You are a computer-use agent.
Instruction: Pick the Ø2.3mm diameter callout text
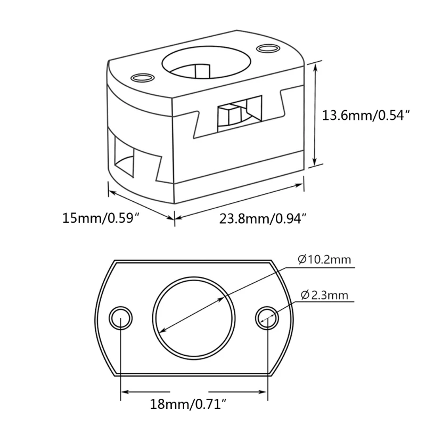pyautogui.click(x=325, y=295)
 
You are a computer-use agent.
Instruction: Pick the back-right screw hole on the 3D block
pyautogui.click(x=267, y=49)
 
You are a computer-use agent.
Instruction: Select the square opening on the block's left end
pyautogui.click(x=125, y=154)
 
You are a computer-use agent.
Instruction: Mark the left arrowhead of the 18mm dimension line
pyautogui.click(x=125, y=394)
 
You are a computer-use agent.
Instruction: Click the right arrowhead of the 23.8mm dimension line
pyautogui.click(x=302, y=184)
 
